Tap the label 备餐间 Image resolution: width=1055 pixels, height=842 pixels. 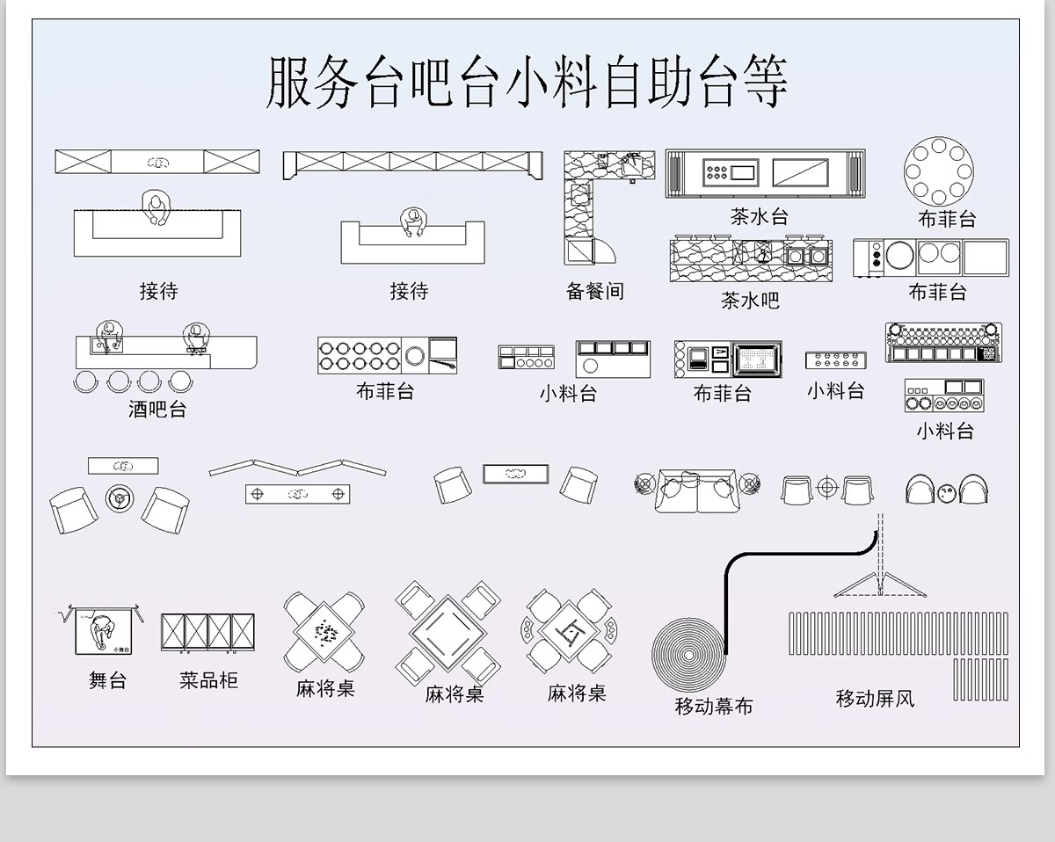[594, 291]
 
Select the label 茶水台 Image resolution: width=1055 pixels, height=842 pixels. [759, 215]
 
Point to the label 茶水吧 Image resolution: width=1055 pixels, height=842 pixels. [750, 301]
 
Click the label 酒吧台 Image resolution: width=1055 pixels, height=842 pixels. [157, 409]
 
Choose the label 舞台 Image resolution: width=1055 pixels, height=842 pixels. [107, 680]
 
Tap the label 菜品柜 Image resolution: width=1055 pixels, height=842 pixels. [208, 680]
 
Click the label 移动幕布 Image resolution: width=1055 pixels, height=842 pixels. [713, 706]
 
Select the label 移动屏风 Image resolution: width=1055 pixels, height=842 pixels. [875, 699]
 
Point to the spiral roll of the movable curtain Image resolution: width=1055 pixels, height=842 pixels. [689, 655]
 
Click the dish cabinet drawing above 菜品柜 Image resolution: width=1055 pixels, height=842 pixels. [207, 633]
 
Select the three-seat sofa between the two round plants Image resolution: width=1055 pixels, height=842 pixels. [697, 490]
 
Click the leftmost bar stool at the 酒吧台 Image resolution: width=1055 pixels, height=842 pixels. [87, 381]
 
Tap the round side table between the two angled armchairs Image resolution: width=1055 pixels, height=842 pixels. [120, 497]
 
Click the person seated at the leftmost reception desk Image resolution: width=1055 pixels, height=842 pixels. [157, 209]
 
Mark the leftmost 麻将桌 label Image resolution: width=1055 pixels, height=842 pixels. [325, 688]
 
